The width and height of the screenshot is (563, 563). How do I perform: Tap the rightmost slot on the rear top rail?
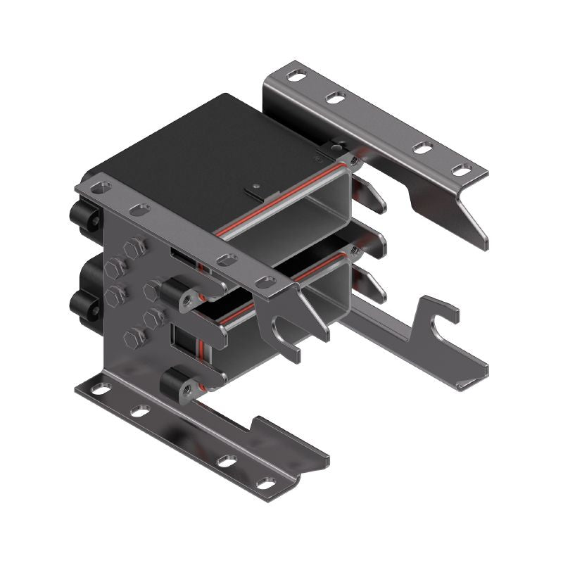click(x=462, y=170)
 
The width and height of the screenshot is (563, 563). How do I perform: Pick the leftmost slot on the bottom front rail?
click(x=103, y=388)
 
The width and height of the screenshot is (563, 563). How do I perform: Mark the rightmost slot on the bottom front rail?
click(x=265, y=483)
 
